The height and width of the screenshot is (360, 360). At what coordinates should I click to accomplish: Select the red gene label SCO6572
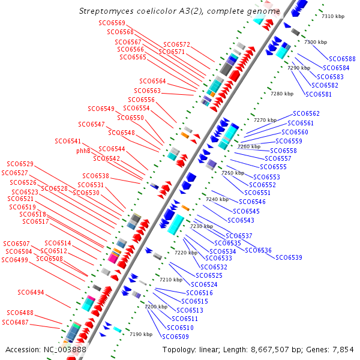point(176,44)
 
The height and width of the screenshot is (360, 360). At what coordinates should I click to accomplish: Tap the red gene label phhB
point(83,151)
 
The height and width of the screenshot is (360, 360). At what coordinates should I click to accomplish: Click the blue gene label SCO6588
point(342,59)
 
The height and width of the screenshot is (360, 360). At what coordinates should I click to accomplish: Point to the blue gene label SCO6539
point(289,257)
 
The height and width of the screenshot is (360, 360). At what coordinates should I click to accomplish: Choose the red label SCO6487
point(15,322)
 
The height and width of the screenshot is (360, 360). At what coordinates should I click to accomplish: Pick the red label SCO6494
point(31,292)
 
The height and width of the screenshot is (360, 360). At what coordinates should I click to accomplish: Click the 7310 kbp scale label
point(333,16)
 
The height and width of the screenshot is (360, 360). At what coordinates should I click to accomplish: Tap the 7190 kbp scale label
point(141,334)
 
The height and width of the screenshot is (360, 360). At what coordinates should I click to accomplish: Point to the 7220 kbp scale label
point(186,253)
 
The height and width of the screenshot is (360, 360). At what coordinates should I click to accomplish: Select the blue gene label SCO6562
point(306,113)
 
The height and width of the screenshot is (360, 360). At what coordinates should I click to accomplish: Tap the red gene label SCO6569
point(112,23)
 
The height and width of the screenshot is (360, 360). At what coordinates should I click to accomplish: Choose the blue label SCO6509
point(175,337)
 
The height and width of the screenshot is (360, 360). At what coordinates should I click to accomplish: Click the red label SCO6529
point(20,164)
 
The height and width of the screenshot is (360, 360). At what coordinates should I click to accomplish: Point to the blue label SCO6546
point(252,202)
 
